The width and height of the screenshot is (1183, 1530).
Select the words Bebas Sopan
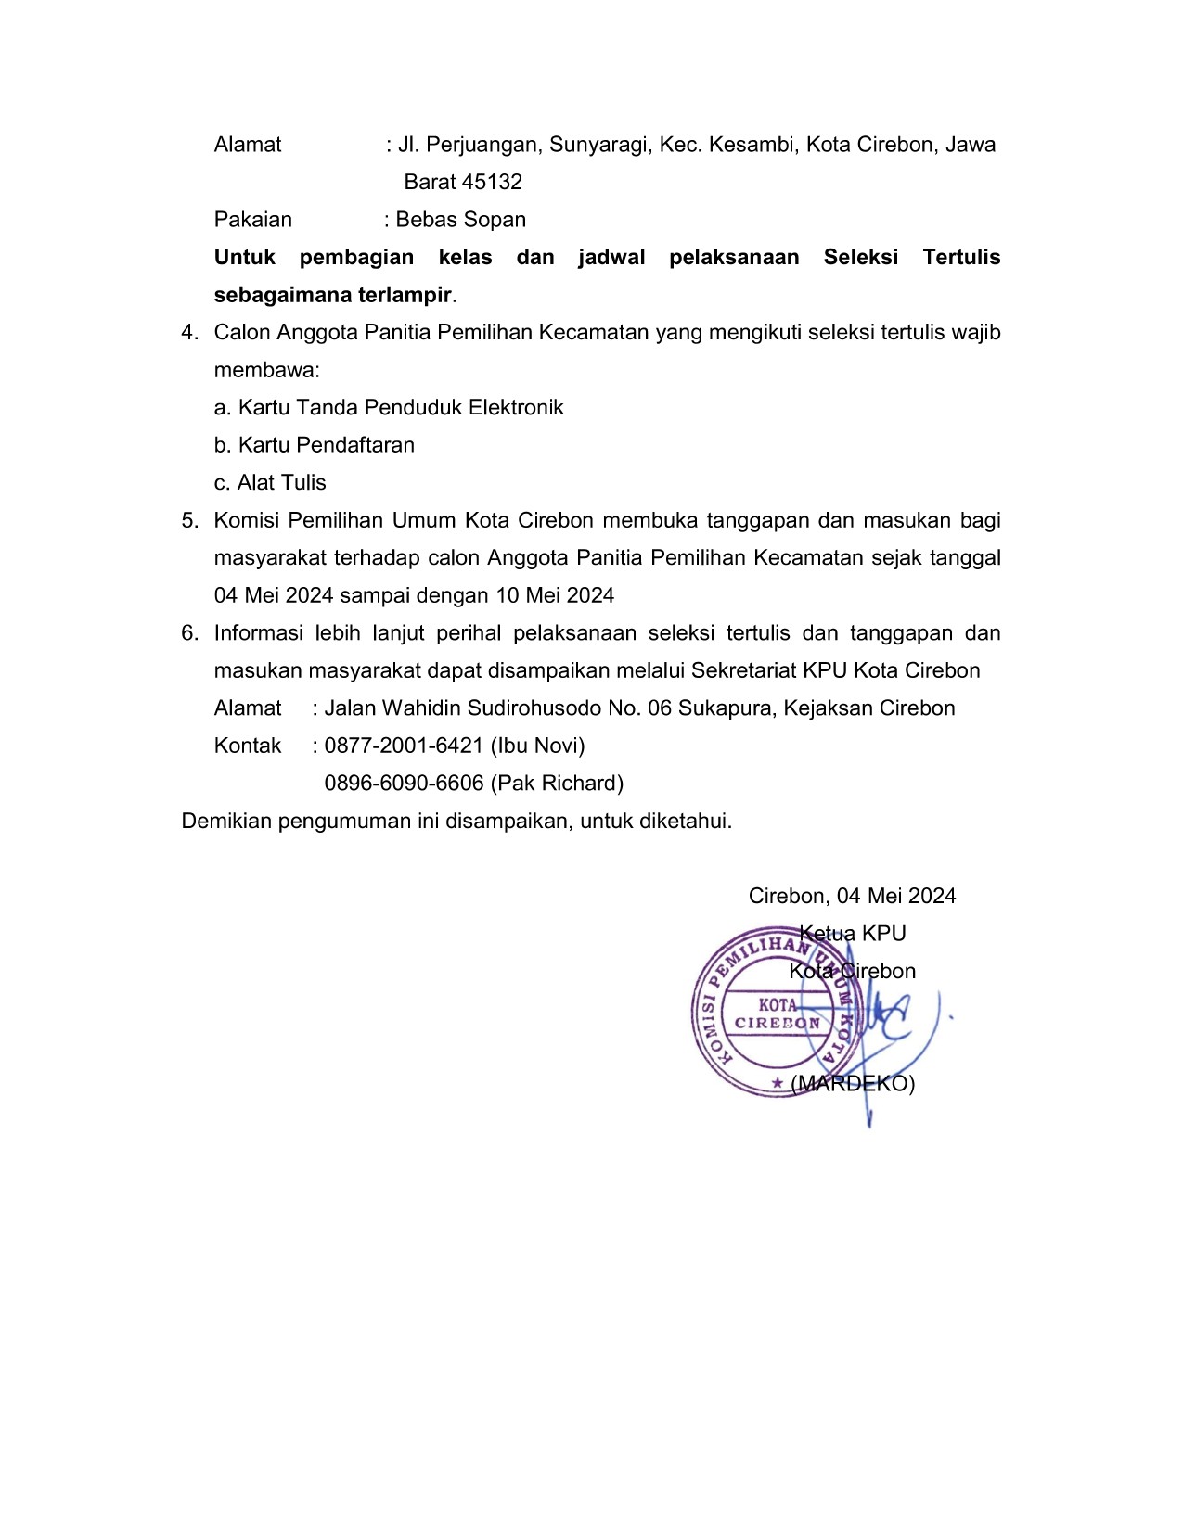point(461,220)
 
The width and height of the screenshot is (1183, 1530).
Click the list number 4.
point(189,332)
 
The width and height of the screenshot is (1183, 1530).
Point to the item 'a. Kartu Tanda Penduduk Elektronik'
point(389,407)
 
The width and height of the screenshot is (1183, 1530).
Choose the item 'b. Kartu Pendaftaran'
point(315,445)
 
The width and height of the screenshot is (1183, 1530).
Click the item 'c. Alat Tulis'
point(270,482)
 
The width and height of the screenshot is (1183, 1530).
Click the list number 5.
point(189,520)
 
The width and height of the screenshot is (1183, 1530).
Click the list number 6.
point(189,633)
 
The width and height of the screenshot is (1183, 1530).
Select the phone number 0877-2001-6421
point(404,746)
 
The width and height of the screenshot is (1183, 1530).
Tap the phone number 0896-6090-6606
point(404,784)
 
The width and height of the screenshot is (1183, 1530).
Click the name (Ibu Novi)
point(537,746)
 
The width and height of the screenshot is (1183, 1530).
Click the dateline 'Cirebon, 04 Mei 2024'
point(852,896)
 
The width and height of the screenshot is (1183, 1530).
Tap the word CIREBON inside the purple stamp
point(778,1023)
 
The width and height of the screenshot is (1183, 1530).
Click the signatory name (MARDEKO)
point(853,1083)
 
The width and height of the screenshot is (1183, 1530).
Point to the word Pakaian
point(252,220)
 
